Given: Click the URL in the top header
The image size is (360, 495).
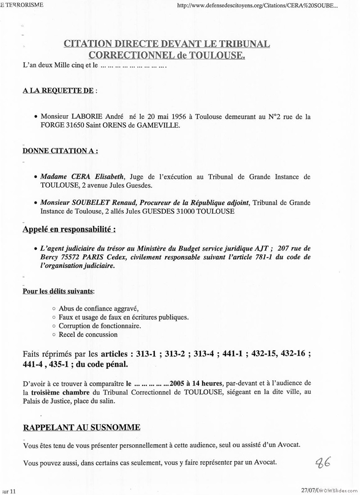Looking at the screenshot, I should (x=258, y=6).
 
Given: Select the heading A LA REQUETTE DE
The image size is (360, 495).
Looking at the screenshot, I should (x=58, y=90).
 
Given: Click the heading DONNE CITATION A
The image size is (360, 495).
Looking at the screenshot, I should (x=60, y=151).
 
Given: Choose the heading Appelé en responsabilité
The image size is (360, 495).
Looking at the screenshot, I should (x=69, y=229).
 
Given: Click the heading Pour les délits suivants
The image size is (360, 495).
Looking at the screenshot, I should (x=58, y=291).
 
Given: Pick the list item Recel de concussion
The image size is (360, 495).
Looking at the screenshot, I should (x=88, y=334).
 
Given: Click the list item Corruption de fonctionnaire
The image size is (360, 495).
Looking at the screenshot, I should (x=99, y=326).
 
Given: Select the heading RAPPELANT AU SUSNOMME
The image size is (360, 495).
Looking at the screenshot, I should (x=81, y=427).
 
